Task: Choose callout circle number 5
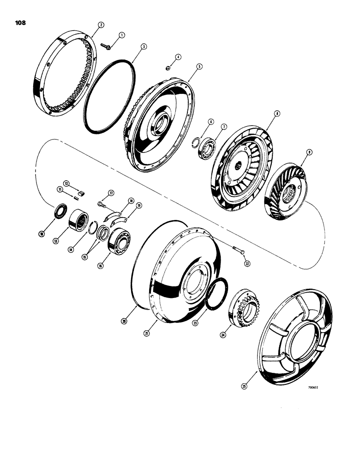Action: (x=199, y=67)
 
